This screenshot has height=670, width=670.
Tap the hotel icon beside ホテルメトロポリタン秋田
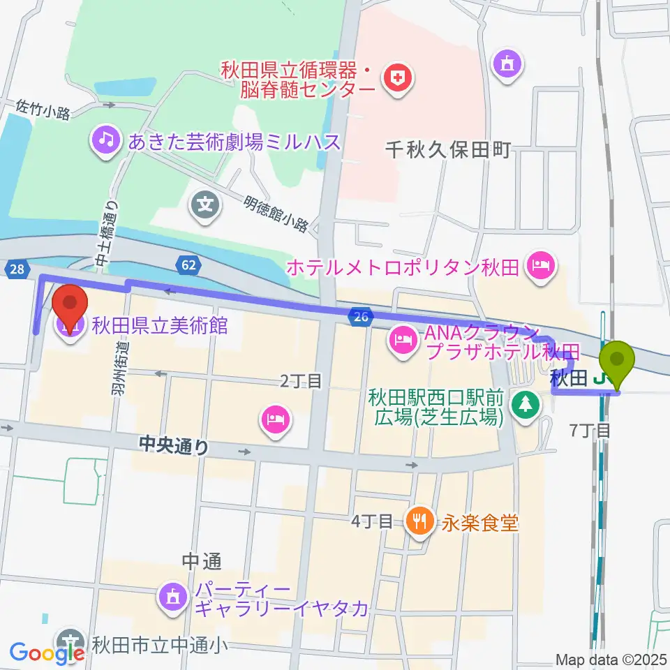[540, 265]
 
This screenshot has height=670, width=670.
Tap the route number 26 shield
[359, 318]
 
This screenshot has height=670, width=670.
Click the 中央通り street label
[173, 445]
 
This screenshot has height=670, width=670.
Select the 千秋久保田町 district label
[449, 149]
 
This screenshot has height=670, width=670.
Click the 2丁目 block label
[301, 380]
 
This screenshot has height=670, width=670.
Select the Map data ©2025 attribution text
[610, 660]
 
